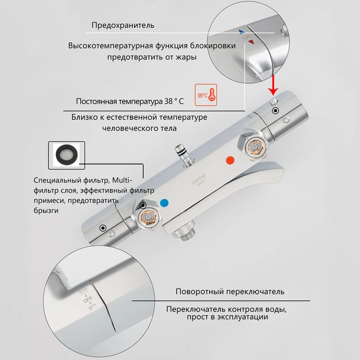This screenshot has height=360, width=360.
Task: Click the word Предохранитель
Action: coord(123,25)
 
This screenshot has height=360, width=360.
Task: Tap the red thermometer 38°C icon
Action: coord(206,95)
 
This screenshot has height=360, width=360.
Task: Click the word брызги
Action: coord(46,211)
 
